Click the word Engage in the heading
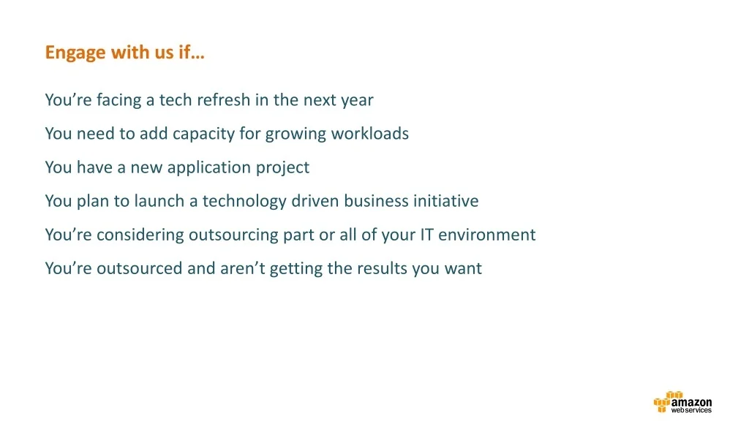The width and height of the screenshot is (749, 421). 75,53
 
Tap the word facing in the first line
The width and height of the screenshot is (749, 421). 119,100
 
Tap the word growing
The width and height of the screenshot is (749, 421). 296,134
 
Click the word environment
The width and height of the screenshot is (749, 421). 486,235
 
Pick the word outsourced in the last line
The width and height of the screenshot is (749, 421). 140,268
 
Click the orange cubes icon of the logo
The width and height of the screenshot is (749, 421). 666,402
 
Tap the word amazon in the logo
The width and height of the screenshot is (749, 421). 691,403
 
